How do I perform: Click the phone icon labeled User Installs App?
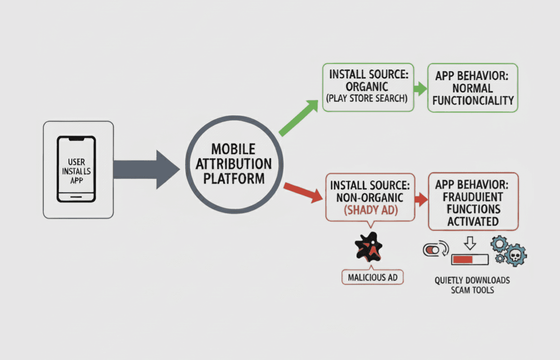click(x=76, y=169)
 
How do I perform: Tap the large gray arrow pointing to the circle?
click(x=146, y=169)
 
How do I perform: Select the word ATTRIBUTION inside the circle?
click(x=234, y=163)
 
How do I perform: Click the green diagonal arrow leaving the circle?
click(x=297, y=117)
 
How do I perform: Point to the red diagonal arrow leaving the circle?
click(x=303, y=191)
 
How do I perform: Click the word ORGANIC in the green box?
click(x=367, y=86)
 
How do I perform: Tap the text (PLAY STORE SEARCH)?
click(x=367, y=99)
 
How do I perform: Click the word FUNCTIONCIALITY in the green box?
click(x=473, y=101)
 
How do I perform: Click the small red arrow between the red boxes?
click(x=421, y=199)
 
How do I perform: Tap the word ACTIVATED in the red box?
click(x=473, y=221)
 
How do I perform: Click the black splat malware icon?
click(x=368, y=247)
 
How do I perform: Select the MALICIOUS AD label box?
click(x=373, y=278)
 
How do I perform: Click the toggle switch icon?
click(x=432, y=250)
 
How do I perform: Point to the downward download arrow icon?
click(x=470, y=242)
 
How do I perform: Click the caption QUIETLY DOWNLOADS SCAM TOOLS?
click(x=472, y=285)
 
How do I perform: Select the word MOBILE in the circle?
click(x=234, y=149)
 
